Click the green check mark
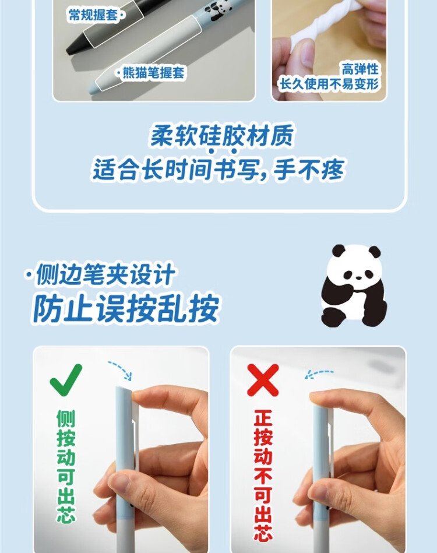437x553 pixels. pos(66,379)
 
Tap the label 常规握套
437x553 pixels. pos(93,15)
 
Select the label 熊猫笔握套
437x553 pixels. pos(153,73)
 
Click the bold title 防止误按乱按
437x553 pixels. pos(126,307)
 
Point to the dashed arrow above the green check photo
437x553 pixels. pos(121,368)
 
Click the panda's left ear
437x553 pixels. pos(338,252)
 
